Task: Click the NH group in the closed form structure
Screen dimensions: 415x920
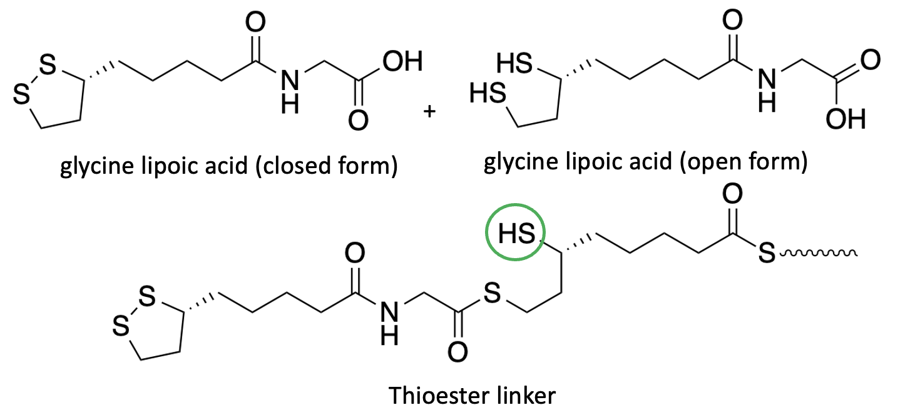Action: [289, 89]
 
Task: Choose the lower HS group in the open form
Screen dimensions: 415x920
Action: [488, 94]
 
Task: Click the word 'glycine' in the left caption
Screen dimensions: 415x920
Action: [94, 167]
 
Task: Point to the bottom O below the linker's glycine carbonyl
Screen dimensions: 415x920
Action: [458, 351]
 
